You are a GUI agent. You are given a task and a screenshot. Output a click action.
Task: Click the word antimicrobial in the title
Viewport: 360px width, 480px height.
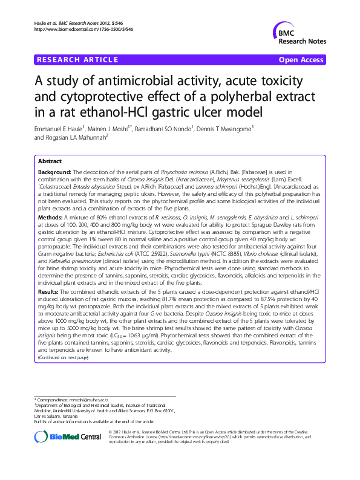[146, 81]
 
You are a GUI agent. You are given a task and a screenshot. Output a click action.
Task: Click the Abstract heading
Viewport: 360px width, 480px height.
[50, 162]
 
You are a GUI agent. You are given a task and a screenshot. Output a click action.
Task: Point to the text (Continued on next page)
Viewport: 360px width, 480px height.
[63, 357]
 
